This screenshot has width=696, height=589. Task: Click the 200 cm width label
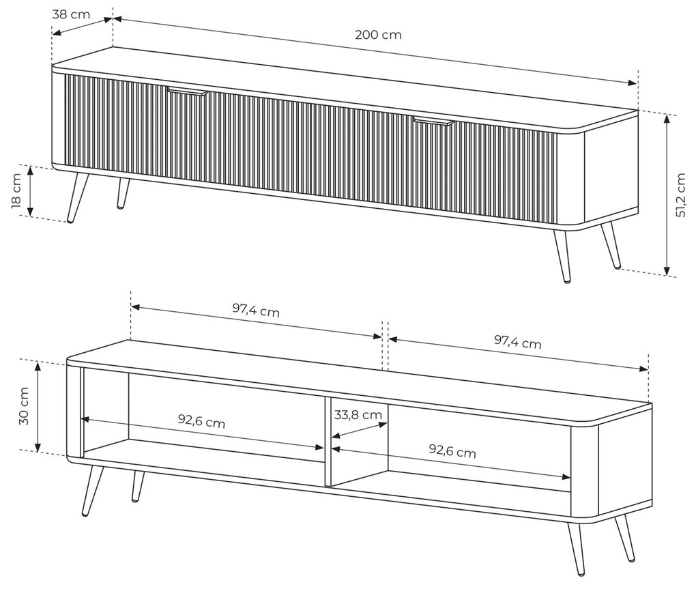pyautogui.click(x=378, y=35)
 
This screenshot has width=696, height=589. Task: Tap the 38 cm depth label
pyautogui.click(x=71, y=14)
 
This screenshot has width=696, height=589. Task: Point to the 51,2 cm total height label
pyautogui.click(x=680, y=195)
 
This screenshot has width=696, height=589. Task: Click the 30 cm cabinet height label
pyautogui.click(x=24, y=406)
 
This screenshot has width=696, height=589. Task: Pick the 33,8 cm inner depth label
pyautogui.click(x=358, y=415)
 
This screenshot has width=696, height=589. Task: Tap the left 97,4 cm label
pyautogui.click(x=256, y=311)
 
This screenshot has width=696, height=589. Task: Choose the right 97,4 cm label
pyautogui.click(x=517, y=342)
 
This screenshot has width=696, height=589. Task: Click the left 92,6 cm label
pyautogui.click(x=201, y=421)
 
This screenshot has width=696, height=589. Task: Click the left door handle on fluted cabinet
pyautogui.click(x=188, y=91)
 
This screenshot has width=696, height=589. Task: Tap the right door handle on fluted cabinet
pyautogui.click(x=433, y=120)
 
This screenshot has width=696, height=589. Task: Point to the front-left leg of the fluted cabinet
pyautogui.click(x=78, y=197)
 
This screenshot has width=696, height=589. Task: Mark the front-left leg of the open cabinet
pyautogui.click(x=93, y=491)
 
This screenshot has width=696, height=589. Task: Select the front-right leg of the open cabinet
pyautogui.click(x=575, y=549)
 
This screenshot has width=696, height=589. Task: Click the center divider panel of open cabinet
pyautogui.click(x=328, y=442)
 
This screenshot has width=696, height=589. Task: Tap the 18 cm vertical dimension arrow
pyautogui.click(x=30, y=191)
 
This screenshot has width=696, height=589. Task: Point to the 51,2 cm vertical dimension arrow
pyautogui.click(x=667, y=194)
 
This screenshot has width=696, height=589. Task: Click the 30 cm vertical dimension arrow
pyautogui.click(x=38, y=406)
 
